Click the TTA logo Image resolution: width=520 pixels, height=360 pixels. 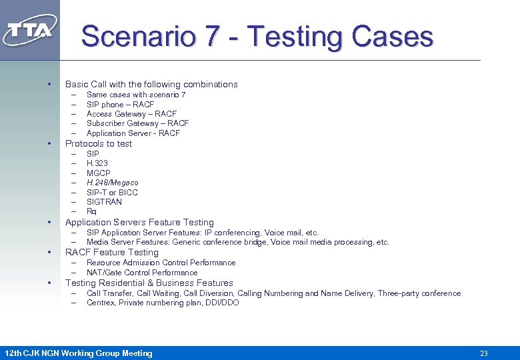tap(30, 30)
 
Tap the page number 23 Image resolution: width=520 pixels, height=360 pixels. tap(484, 353)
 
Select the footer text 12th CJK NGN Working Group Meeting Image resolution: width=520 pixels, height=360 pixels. tap(78, 353)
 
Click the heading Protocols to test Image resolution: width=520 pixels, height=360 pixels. tap(99, 144)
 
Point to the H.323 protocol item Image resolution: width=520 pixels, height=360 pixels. tap(97, 163)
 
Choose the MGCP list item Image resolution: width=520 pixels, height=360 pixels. tap(99, 173)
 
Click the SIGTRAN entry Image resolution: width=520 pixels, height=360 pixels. tap(105, 202)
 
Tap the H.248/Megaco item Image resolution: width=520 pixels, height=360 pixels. tap(113, 183)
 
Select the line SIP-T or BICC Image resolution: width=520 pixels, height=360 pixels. tap(112, 193)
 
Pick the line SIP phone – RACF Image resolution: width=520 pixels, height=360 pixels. tap(120, 105)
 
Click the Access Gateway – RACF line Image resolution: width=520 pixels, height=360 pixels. tap(131, 114)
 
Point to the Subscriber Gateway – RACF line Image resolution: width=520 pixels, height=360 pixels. tap(137, 123)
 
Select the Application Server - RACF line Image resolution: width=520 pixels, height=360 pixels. tap(133, 133)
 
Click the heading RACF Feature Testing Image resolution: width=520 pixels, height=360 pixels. tap(112, 253)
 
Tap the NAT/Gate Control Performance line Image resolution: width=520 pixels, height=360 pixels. tap(142, 273)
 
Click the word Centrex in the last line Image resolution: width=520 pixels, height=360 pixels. tap(101, 303)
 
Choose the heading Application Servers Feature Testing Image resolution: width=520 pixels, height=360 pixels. tap(139, 223)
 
